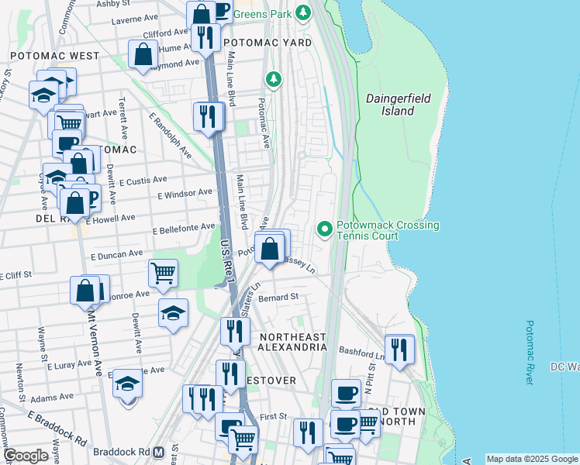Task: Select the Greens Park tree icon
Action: click(x=303, y=12)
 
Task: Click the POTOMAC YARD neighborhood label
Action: click(x=267, y=43)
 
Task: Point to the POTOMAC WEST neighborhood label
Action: click(x=54, y=56)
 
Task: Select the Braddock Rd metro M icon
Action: click(x=158, y=451)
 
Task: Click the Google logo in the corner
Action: click(x=26, y=455)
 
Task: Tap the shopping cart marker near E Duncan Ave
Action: click(x=164, y=273)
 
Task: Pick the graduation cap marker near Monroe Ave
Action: click(x=174, y=313)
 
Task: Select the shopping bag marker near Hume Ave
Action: click(x=143, y=54)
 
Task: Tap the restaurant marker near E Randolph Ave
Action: click(x=208, y=116)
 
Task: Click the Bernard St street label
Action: click(x=278, y=297)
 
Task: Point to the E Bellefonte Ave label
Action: click(x=184, y=229)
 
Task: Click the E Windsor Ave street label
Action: click(x=185, y=193)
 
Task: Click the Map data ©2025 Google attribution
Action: click(x=531, y=459)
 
